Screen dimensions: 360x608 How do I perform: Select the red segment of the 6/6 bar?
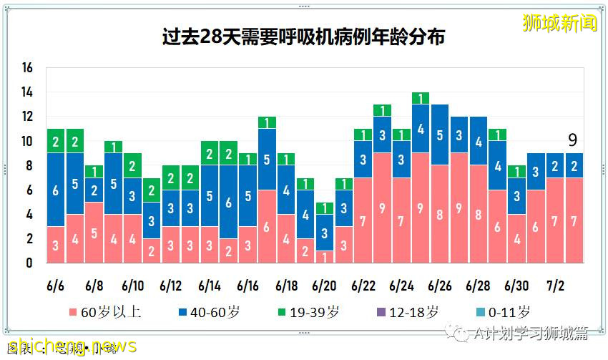(x=56, y=245)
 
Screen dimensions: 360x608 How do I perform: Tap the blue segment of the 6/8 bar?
(x=94, y=190)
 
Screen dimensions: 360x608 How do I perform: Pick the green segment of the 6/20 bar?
(x=324, y=208)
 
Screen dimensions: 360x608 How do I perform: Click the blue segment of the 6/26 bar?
(x=440, y=135)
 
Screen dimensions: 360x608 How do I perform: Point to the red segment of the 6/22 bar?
(x=363, y=220)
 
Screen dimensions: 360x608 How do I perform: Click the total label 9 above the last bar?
(x=573, y=140)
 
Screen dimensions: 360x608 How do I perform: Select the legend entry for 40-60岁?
(x=202, y=312)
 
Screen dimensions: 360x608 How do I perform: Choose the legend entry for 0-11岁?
(x=501, y=312)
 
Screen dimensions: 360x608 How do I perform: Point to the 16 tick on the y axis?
(x=28, y=68)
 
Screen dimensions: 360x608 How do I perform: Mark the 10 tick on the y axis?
(x=28, y=142)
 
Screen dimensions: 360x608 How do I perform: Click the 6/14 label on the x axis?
(x=210, y=286)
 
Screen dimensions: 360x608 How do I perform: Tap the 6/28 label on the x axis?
(x=478, y=286)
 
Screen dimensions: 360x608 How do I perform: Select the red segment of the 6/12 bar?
(x=171, y=245)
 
